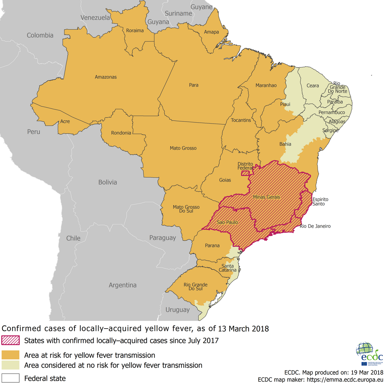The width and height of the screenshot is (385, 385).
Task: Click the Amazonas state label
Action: pos(106,77)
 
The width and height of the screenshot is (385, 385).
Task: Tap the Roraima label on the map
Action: pos(135,31)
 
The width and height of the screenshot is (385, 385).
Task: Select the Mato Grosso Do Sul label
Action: pos(186,209)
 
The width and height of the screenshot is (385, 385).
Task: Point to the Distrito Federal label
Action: pos(245,166)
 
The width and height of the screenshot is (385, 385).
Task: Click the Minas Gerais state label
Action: pos(266,197)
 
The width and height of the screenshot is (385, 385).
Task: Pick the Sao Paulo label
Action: pos(227,222)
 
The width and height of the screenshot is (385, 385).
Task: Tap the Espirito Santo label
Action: pos(320,201)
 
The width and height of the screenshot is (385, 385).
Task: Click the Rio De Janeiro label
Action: pos(315,226)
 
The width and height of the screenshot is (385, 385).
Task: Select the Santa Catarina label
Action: pos(228,268)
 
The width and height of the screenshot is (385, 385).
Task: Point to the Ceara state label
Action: pos(312,86)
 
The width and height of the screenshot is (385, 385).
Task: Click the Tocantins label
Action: pos(241,120)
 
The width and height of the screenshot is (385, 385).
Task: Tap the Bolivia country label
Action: pos(108,182)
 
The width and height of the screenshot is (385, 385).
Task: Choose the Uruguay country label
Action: pos(178,310)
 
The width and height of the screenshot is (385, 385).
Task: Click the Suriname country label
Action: pos(178,14)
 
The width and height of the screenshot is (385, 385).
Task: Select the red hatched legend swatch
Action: pos(10,341)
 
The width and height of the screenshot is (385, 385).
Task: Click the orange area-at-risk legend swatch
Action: pos(10,355)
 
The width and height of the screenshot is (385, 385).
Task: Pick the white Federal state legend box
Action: pos(10,378)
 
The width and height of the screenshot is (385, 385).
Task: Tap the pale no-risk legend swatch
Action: pos(10,365)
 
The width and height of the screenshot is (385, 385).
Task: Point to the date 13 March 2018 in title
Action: pos(243,329)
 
